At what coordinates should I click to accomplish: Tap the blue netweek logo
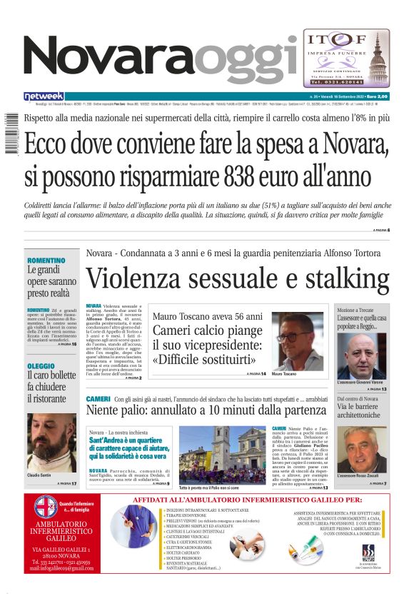point(44,96)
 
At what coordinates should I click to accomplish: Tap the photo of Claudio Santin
point(51,442)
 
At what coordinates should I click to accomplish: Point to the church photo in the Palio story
point(221,454)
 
